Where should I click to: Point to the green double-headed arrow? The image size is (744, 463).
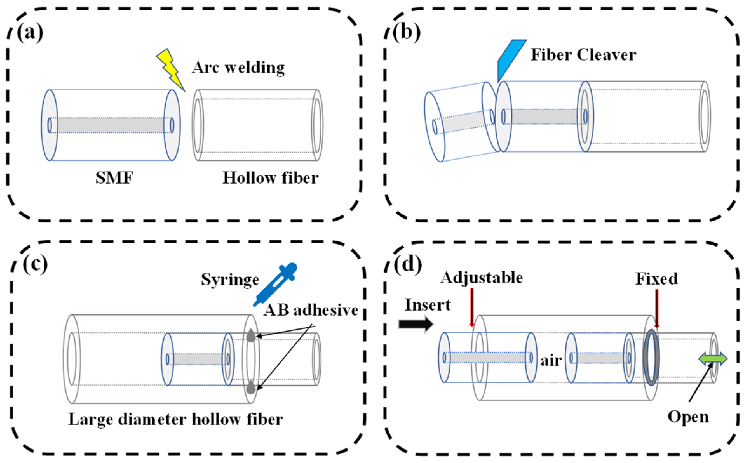(713, 359)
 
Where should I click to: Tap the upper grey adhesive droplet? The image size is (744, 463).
(251, 335)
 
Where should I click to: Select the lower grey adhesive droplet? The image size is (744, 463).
(251, 387)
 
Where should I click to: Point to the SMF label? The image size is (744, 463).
(114, 178)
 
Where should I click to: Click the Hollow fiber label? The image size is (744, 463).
(270, 178)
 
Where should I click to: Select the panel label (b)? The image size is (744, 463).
(406, 32)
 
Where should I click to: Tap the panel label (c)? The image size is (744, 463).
(35, 264)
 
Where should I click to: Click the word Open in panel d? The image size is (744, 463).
(688, 417)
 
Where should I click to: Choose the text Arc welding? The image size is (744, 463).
(238, 68)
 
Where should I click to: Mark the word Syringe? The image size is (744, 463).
(230, 280)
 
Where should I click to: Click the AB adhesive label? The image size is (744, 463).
(311, 310)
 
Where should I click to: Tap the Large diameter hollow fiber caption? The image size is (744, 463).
(175, 420)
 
